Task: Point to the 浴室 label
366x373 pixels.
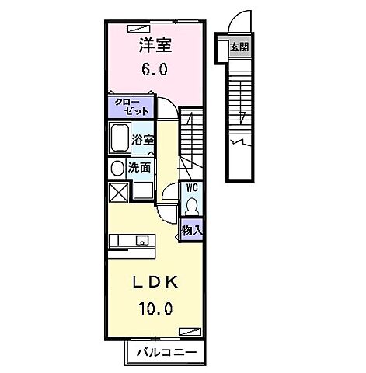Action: point(143,141)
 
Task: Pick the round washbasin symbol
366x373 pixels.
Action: point(117,167)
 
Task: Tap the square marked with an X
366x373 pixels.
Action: point(118,191)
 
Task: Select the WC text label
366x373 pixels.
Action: point(191,188)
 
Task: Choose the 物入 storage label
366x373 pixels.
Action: point(191,230)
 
